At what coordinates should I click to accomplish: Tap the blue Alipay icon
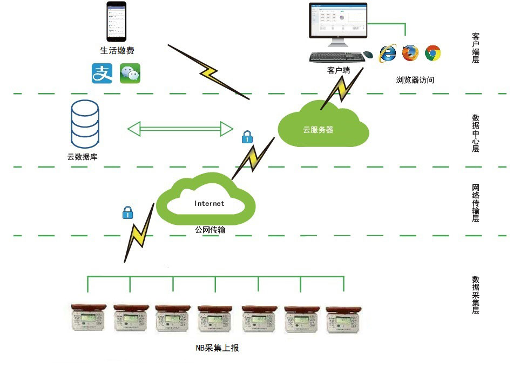pyautogui.click(x=102, y=73)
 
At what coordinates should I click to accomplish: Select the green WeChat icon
pyautogui.click(x=130, y=74)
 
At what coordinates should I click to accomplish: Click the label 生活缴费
pyautogui.click(x=117, y=50)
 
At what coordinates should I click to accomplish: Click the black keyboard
pyautogui.click(x=335, y=56)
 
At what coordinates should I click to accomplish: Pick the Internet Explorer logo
pyautogui.click(x=388, y=52)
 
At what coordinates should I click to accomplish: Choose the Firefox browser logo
pyautogui.click(x=410, y=52)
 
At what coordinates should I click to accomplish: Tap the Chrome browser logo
pyautogui.click(x=433, y=52)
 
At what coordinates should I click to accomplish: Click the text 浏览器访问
pyautogui.click(x=415, y=80)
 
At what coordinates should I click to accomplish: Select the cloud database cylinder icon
pyautogui.click(x=85, y=125)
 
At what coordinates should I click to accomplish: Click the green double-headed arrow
pyautogui.click(x=180, y=129)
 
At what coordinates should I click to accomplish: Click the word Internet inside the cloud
pyautogui.click(x=209, y=204)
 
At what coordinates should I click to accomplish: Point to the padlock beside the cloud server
pyautogui.click(x=247, y=137)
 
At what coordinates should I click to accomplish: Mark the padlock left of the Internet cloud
pyautogui.click(x=127, y=212)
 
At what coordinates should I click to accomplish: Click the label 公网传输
pyautogui.click(x=210, y=230)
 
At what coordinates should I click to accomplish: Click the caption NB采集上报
pyautogui.click(x=217, y=348)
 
